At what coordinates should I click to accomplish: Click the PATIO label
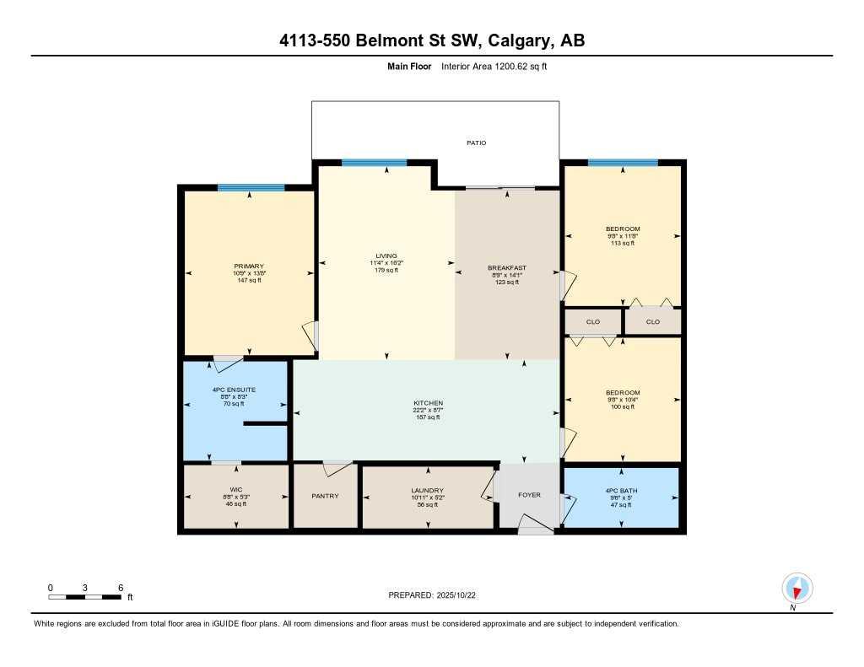pos(477,143)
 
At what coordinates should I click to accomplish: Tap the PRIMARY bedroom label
pos(250,266)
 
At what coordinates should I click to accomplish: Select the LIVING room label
pos(386,256)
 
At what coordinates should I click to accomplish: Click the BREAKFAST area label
pos(507,268)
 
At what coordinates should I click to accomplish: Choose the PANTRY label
pos(325,496)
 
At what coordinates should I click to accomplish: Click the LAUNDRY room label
pos(427,491)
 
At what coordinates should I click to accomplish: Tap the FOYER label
pos(529,495)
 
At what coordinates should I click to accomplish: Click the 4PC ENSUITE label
pos(235,390)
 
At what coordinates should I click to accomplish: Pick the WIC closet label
pos(235,490)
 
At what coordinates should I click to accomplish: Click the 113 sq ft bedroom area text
pos(623,243)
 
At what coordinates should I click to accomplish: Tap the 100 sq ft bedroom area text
pos(623,406)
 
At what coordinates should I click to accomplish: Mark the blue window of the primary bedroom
pos(251,187)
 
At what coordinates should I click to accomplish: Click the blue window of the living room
pos(374,163)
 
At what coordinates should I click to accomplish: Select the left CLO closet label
pos(592,321)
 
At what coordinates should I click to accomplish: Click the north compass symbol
pos(796,588)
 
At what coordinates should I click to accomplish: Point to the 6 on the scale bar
pos(121,587)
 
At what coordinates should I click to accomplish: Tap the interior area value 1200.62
pos(505,66)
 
